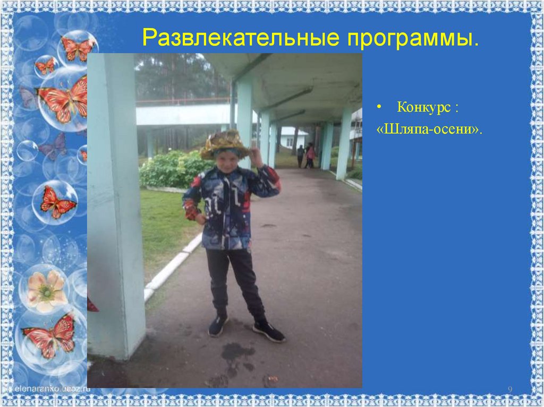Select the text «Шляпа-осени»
(x=430, y=129)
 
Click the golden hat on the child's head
(x=224, y=144)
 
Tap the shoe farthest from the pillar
(x=269, y=331)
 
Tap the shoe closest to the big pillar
(x=217, y=325)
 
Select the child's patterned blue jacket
(x=229, y=207)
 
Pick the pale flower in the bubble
(x=46, y=291)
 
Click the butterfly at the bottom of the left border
(x=50, y=335)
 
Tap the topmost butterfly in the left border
(x=78, y=48)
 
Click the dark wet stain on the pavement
(x=237, y=352)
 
